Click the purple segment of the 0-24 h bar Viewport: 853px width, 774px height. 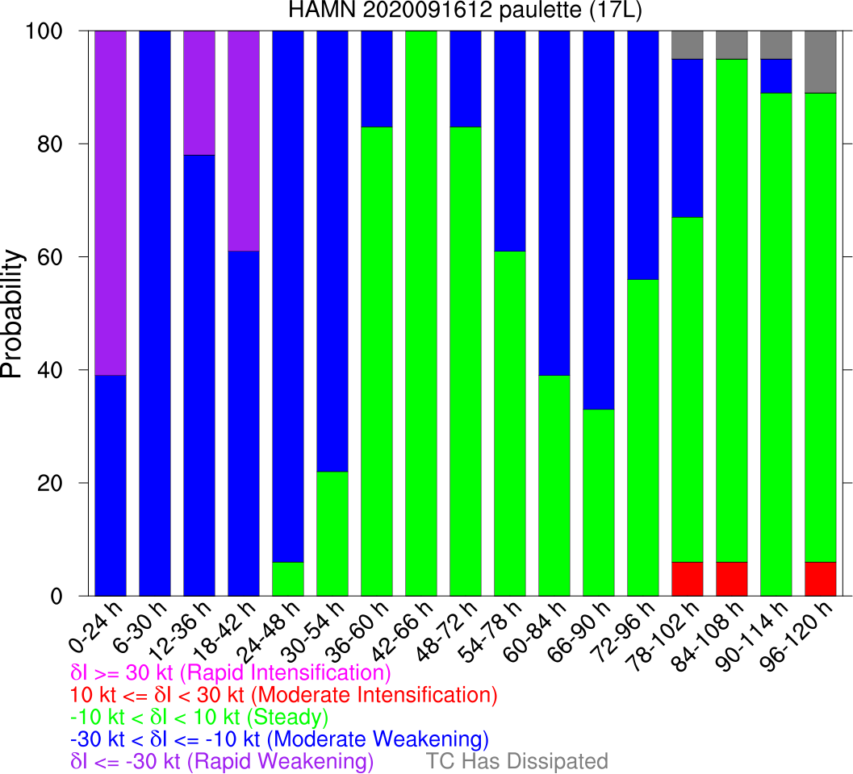coord(111,202)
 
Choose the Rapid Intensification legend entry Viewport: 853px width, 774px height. coord(231,672)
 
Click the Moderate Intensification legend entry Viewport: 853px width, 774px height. coord(283,694)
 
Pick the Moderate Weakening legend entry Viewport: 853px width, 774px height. coord(279,739)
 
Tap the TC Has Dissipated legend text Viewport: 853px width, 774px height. coord(516,761)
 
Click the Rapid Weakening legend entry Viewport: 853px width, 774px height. coord(222,761)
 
